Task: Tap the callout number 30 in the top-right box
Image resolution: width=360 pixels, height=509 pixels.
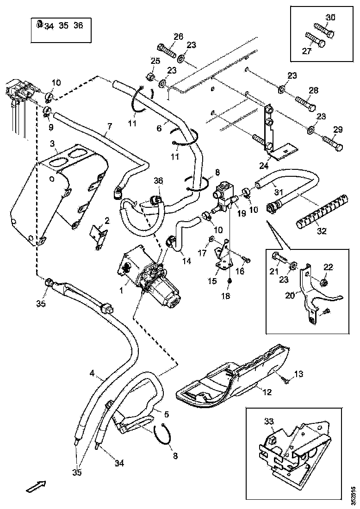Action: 330,18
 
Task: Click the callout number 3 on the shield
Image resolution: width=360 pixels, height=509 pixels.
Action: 54,145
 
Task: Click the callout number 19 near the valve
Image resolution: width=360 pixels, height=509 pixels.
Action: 241,214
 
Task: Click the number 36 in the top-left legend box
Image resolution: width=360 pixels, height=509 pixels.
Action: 78,25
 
